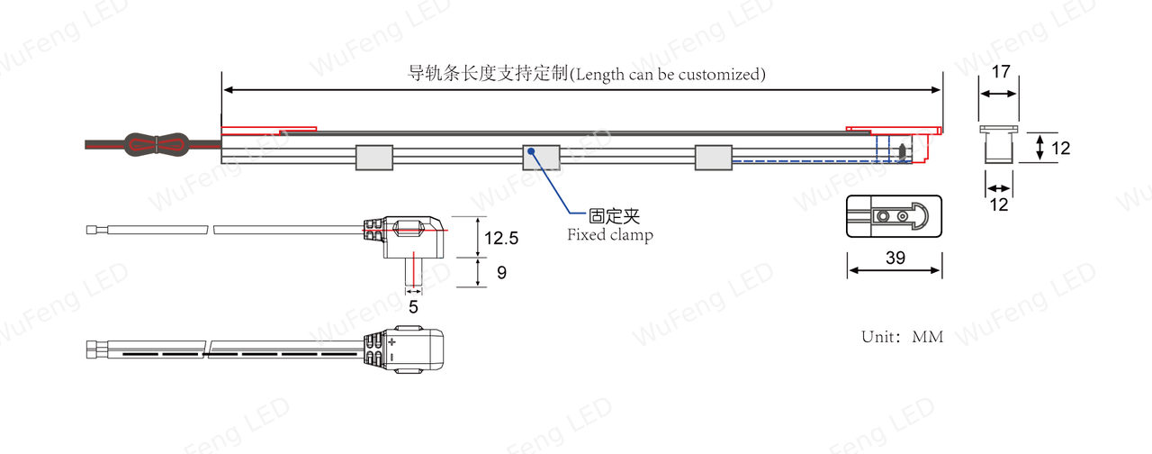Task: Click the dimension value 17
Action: coord(1001,71)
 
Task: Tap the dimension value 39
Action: coord(895,258)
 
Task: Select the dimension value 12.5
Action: coord(501,239)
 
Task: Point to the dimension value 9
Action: coord(502,272)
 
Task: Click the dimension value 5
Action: coord(413,307)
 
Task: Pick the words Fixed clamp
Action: coord(610,235)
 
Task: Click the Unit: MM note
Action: coord(903,337)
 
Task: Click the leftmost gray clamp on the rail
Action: coord(374,158)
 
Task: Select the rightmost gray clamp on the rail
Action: coord(714,158)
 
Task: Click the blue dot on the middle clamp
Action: coord(531,151)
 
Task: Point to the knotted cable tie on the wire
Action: coord(157,145)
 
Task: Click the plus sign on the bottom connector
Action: coord(392,341)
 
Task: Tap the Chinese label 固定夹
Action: coord(614,216)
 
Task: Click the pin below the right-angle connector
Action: coord(413,272)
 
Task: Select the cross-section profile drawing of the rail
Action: coord(999,145)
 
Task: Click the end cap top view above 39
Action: coord(894,216)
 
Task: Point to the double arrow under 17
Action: coord(998,94)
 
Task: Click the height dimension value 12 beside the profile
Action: coord(1060,149)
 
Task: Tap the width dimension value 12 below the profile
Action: coord(999,204)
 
